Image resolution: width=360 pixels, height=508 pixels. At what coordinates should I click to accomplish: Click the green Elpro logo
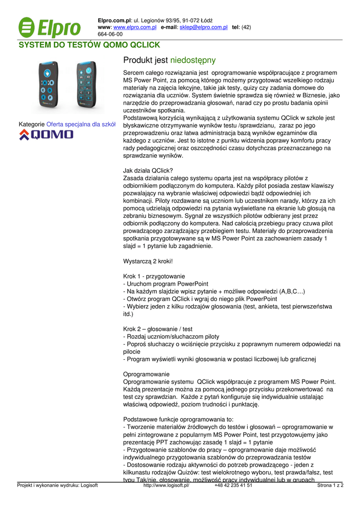coord(49,27)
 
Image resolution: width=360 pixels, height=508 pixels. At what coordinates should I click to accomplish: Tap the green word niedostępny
coord(193,61)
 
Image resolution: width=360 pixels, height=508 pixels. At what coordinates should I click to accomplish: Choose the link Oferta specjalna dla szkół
coord(81,124)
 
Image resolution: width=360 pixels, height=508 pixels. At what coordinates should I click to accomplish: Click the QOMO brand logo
coord(46,135)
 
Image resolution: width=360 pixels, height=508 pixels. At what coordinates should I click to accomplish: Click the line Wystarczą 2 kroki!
coord(147,261)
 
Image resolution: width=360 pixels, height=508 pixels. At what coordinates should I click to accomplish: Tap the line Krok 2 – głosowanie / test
coord(157,329)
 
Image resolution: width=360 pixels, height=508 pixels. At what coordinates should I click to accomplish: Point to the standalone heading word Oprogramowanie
coord(146,374)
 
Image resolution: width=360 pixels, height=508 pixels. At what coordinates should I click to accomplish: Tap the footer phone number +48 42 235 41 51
coord(233,486)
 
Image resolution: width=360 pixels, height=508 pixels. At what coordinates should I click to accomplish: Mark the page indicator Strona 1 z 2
coord(330,486)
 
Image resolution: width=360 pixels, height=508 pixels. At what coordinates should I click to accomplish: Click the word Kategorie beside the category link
coord(32,124)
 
